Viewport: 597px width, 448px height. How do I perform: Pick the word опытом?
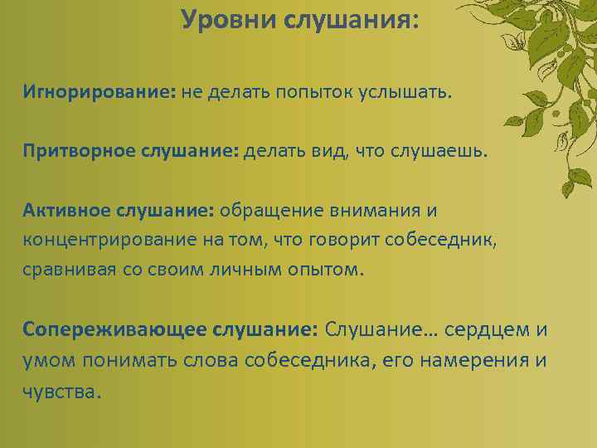(325, 270)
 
